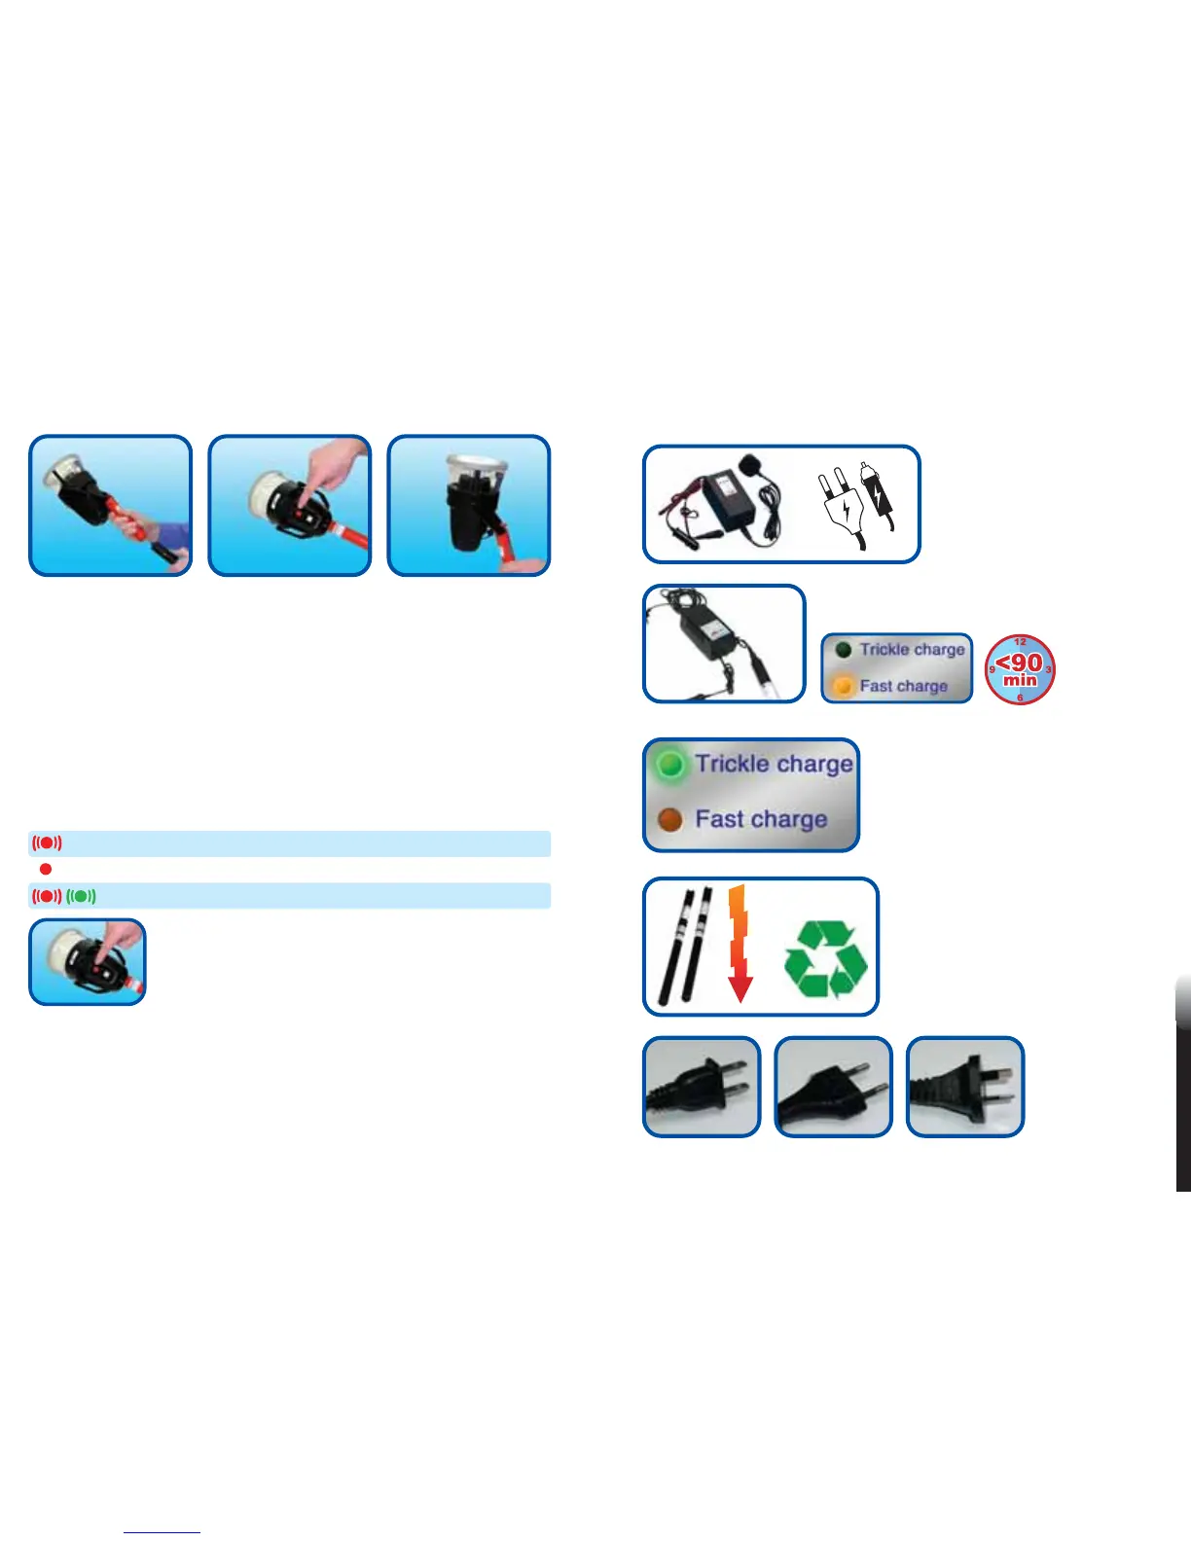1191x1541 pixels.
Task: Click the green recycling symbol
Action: (x=825, y=960)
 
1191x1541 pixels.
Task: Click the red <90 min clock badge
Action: (x=1020, y=669)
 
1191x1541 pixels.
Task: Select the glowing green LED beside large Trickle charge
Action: (x=669, y=765)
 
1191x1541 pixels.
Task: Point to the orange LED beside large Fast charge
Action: (x=669, y=820)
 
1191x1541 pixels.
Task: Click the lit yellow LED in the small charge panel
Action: (x=844, y=687)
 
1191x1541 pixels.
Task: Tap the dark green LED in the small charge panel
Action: (x=844, y=650)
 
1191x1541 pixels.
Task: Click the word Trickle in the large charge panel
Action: (x=732, y=764)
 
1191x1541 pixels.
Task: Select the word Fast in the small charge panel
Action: (x=876, y=686)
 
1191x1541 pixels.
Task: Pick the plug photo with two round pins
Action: (x=833, y=1087)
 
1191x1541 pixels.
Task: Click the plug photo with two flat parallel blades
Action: (x=702, y=1087)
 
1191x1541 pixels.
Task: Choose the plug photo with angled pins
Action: (x=965, y=1087)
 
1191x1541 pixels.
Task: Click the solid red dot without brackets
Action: (x=46, y=869)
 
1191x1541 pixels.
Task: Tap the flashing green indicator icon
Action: (x=82, y=896)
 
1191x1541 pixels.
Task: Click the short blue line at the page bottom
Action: (x=162, y=1532)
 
